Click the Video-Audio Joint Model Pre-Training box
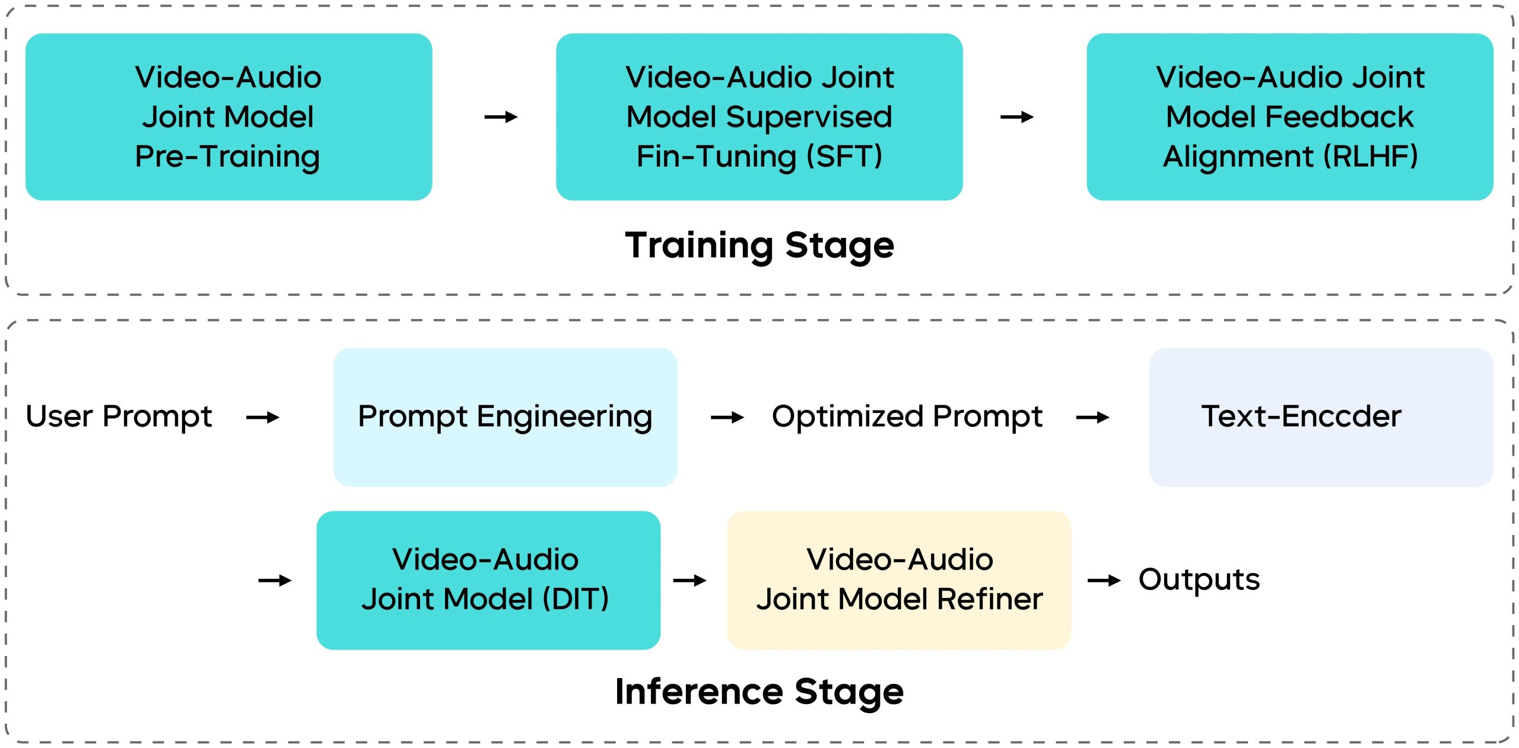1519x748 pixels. [x=228, y=117]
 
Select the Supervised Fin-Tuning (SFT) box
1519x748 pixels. [x=759, y=117]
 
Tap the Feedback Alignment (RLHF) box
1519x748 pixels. [x=1289, y=117]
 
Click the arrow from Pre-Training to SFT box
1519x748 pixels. [x=501, y=117]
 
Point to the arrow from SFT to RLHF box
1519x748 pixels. [x=1017, y=117]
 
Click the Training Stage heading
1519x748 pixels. [x=759, y=245]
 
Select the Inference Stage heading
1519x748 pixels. [x=759, y=692]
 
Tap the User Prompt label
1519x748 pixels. [x=119, y=416]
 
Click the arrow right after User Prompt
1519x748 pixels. [x=263, y=418]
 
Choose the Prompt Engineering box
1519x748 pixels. [x=505, y=417]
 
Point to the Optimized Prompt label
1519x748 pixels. [x=907, y=416]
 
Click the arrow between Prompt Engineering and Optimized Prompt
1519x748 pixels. [x=727, y=418]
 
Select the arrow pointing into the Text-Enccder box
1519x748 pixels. [x=1092, y=418]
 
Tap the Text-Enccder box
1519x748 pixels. [x=1321, y=417]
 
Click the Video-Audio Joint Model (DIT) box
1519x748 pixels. [x=488, y=580]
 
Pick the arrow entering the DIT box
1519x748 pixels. [x=275, y=580]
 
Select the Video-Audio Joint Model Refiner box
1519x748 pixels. [x=899, y=580]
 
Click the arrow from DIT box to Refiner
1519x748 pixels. [x=689, y=580]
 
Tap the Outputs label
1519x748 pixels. [x=1199, y=580]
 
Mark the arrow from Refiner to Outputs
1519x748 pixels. [x=1104, y=580]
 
